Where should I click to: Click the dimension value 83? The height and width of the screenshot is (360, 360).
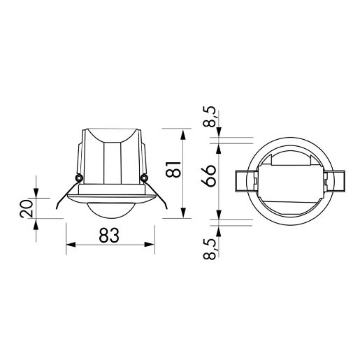coord(108,236)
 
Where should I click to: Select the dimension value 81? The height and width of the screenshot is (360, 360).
coord(173,168)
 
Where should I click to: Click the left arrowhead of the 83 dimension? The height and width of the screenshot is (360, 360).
coord(70,245)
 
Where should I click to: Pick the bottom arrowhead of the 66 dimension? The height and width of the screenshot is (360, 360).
coord(220,213)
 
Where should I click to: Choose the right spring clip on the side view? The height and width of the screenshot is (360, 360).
coord(159,194)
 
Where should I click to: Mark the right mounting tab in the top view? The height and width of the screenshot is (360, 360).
coord(336,180)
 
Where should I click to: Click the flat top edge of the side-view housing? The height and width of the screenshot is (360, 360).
coord(112,128)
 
